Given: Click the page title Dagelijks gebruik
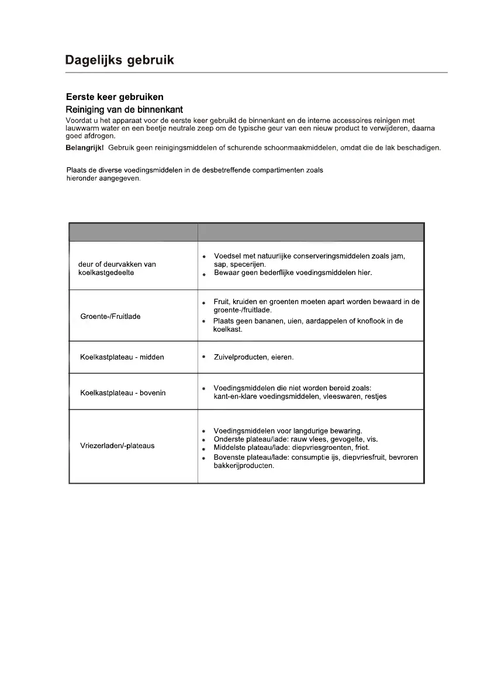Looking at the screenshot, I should pyautogui.click(x=119, y=60).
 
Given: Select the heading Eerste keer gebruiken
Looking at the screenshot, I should pyautogui.click(x=115, y=97).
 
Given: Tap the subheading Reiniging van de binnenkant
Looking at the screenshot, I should pyautogui.click(x=124, y=109).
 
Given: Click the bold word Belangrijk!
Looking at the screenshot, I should pyautogui.click(x=84, y=147).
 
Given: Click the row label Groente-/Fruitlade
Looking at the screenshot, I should pyautogui.click(x=110, y=316).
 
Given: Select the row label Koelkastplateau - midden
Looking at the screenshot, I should pyautogui.click(x=122, y=357).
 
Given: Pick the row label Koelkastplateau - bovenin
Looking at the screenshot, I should pyautogui.click(x=123, y=392).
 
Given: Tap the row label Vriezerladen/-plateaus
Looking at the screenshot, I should pyautogui.click(x=117, y=446).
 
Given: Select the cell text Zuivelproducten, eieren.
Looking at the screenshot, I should pyautogui.click(x=254, y=357).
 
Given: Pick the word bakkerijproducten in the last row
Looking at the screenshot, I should pyautogui.click(x=244, y=466).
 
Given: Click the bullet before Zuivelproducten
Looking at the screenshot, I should pyautogui.click(x=203, y=356).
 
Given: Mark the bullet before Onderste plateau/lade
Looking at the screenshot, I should pyautogui.click(x=203, y=440).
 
